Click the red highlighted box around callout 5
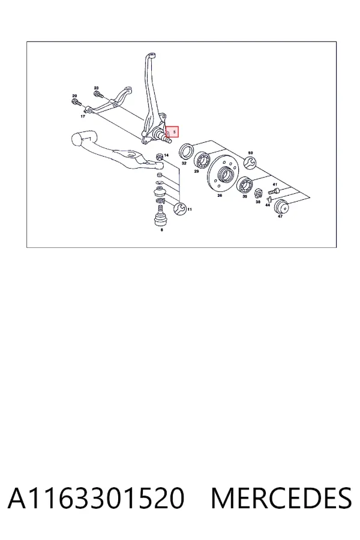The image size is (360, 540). pyautogui.click(x=172, y=131)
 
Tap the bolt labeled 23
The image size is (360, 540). pyautogui.click(x=97, y=94)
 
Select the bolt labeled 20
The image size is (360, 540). pyautogui.click(x=76, y=102)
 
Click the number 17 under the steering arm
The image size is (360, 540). pyautogui.click(x=83, y=116)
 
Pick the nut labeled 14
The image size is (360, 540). pyautogui.click(x=160, y=157)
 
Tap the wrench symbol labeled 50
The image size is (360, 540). pyautogui.click(x=250, y=163)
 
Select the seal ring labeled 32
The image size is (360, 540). pyautogui.click(x=187, y=151)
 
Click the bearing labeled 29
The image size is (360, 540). pyautogui.click(x=202, y=160)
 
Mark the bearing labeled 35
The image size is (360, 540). pyautogui.click(x=245, y=185)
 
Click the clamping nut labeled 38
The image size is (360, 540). pyautogui.click(x=258, y=194)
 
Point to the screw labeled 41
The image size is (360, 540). pyautogui.click(x=273, y=190)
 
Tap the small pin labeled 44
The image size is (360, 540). pyautogui.click(x=269, y=199)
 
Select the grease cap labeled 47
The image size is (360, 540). pyautogui.click(x=281, y=206)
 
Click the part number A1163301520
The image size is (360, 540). pyautogui.click(x=96, y=498)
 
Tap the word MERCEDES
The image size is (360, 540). pyautogui.click(x=281, y=498)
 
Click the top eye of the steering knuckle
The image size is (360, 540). pyautogui.click(x=151, y=56)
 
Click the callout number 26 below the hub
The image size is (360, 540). pyautogui.click(x=220, y=196)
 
